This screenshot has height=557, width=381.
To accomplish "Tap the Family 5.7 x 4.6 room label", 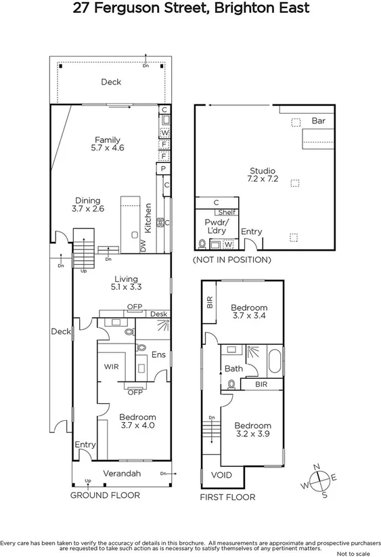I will pyautogui.click(x=108, y=144).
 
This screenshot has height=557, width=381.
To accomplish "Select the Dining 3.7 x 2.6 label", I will pyautogui.click(x=88, y=205).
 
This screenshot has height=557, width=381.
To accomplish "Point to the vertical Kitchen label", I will pyautogui.click(x=148, y=218).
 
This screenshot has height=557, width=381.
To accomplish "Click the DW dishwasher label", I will pyautogui.click(x=143, y=247).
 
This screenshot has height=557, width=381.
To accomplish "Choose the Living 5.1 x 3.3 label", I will pyautogui.click(x=126, y=283).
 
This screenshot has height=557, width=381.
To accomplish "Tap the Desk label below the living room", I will pyautogui.click(x=158, y=314).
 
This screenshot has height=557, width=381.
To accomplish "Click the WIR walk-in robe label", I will pyautogui.click(x=112, y=366).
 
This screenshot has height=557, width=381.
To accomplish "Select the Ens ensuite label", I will pyautogui.click(x=158, y=354).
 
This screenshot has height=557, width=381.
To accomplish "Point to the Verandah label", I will pyautogui.click(x=122, y=474).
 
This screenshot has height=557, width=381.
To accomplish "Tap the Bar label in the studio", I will pyautogui.click(x=319, y=121).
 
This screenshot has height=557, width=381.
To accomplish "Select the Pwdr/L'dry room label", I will pyautogui.click(x=218, y=226).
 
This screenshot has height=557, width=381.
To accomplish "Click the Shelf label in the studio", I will pyautogui.click(x=226, y=212).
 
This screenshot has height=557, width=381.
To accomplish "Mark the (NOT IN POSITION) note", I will pyautogui.click(x=232, y=260).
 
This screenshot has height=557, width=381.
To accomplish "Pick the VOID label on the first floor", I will pyautogui.click(x=221, y=475).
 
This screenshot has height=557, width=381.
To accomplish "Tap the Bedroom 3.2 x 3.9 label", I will pyautogui.click(x=252, y=430).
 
